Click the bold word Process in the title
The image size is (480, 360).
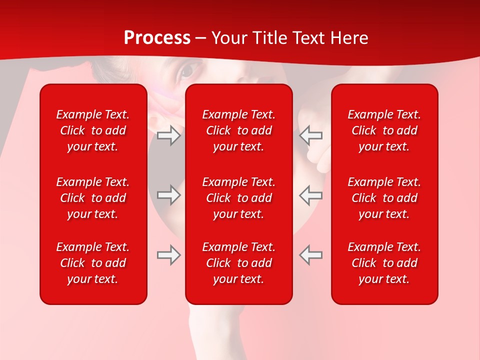(157, 38)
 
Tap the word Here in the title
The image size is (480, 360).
(348, 38)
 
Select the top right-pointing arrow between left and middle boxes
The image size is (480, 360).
(169, 135)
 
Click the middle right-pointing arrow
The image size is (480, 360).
(169, 195)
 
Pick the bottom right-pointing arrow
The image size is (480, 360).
(169, 255)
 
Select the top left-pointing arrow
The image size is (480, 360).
(310, 135)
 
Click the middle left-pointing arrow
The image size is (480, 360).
(310, 195)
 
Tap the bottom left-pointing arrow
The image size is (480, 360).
(310, 255)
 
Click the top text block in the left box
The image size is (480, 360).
(93, 130)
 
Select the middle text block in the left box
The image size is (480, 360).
(93, 198)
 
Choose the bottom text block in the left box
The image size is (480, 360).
(93, 263)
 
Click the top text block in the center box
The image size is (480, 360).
(239, 130)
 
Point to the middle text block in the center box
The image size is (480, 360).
(239, 198)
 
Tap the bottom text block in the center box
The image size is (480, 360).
(239, 263)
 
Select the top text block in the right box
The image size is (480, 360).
(384, 130)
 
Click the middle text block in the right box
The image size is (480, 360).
(384, 198)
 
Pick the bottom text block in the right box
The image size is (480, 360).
(384, 263)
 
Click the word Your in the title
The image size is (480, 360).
(229, 38)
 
